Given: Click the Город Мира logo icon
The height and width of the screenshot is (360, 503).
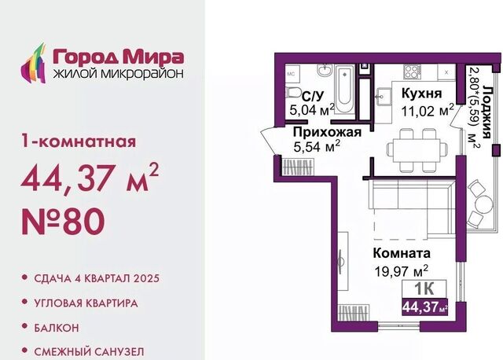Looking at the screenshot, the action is (x=33, y=64).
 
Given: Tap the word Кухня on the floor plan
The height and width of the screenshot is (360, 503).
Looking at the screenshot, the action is (x=421, y=94).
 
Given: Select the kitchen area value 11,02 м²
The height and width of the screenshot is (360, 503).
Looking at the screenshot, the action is (x=428, y=110).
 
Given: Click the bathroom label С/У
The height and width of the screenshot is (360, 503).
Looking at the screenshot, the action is (x=313, y=96).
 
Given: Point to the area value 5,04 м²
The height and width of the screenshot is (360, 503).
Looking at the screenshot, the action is (x=312, y=110).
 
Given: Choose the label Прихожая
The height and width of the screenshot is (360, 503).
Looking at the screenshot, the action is (x=327, y=132).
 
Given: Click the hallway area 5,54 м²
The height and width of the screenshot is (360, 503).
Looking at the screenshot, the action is (x=317, y=147).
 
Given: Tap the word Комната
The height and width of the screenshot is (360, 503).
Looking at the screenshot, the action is (x=402, y=253).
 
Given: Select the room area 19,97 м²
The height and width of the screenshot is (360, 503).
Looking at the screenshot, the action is (x=402, y=271).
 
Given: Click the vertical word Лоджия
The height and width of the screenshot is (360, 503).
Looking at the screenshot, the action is (x=487, y=112).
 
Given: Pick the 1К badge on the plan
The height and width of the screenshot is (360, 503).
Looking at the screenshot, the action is (x=424, y=288).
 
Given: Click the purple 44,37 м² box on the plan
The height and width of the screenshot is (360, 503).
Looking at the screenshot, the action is (x=424, y=307).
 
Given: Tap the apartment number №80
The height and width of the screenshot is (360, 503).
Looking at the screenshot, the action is (x=63, y=222).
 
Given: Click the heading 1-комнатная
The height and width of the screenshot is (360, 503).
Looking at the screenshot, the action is (x=79, y=141).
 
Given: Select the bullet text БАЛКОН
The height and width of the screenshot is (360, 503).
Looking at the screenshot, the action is (x=57, y=328).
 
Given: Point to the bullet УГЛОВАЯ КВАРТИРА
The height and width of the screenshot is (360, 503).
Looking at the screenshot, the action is (x=86, y=303).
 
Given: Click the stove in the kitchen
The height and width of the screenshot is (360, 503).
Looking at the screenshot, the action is (x=412, y=72).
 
